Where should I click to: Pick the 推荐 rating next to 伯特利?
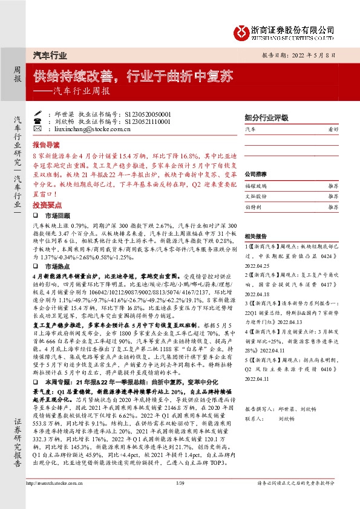click(332, 207)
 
